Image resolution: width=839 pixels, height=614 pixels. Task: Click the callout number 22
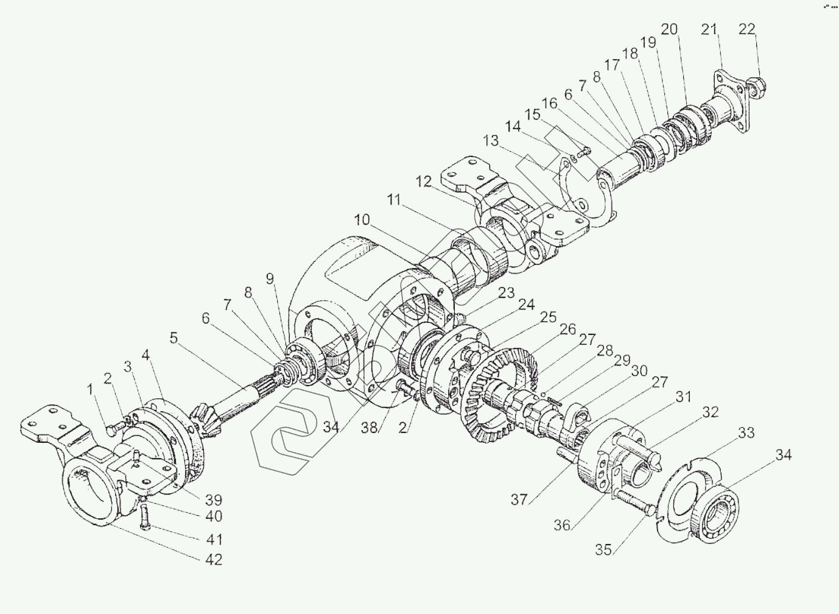[x=747, y=29]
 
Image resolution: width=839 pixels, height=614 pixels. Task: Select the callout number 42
[x=214, y=560]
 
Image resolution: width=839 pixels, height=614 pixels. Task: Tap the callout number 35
[x=603, y=550]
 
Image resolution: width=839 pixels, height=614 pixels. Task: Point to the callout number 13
[x=491, y=141]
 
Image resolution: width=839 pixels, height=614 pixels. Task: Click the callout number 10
[x=362, y=220]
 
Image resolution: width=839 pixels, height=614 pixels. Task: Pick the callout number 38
[x=369, y=428]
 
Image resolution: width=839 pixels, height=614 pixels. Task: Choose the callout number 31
[x=683, y=397]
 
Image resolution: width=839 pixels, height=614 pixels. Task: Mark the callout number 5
[x=174, y=338]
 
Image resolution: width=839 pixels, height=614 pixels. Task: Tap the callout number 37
[x=519, y=499]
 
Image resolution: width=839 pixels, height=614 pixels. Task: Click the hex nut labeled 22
[x=756, y=87]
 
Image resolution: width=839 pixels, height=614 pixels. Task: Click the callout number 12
[x=424, y=182]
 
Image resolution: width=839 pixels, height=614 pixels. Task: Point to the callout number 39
[x=214, y=499]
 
